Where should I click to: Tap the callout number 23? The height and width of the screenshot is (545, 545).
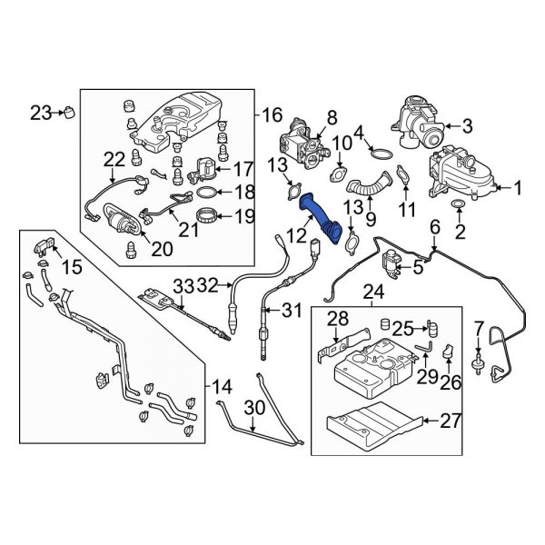click(x=41, y=113)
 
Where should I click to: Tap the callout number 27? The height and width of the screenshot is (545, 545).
click(x=451, y=420)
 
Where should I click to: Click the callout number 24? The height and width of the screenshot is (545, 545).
click(x=373, y=292)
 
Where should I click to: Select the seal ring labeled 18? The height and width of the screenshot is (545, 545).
click(x=207, y=193)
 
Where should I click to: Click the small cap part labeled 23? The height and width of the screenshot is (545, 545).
click(x=69, y=113)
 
